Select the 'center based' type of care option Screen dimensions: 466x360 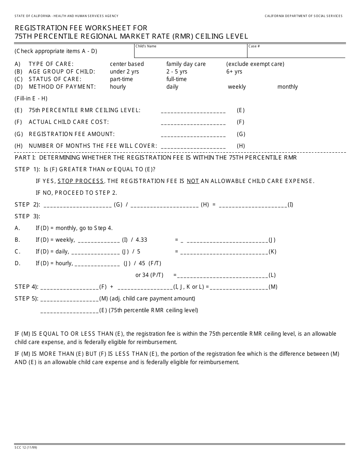click(x=127, y=64)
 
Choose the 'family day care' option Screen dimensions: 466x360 click(x=186, y=64)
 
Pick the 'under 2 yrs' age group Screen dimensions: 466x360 click(x=124, y=72)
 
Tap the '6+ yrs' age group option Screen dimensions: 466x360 click(x=234, y=72)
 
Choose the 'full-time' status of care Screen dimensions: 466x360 click(x=176, y=79)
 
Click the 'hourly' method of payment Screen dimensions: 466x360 click(x=117, y=87)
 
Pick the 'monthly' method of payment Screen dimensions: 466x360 click(x=287, y=87)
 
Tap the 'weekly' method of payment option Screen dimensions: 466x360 click(x=236, y=87)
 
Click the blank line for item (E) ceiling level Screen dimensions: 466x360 click(x=193, y=111)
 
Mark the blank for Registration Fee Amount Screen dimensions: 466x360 click(x=193, y=134)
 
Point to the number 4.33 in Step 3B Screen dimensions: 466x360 click(x=141, y=240)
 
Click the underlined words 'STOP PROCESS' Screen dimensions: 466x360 click(x=80, y=181)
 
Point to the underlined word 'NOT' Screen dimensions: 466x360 click(x=193, y=181)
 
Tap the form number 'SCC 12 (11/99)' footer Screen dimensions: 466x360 click(x=26, y=447)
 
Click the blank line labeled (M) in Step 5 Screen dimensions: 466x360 click(x=69, y=299)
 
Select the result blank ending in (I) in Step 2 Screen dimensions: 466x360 click(x=253, y=205)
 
